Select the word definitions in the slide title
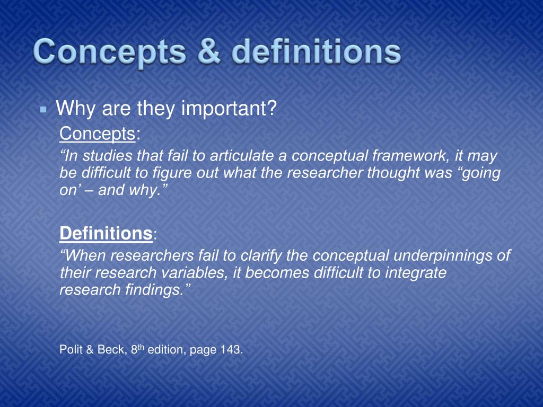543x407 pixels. click(x=317, y=53)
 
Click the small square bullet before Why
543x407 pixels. click(x=44, y=110)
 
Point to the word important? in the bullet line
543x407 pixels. click(x=229, y=109)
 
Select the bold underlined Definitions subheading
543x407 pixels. click(x=106, y=233)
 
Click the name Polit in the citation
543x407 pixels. click(x=70, y=350)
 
